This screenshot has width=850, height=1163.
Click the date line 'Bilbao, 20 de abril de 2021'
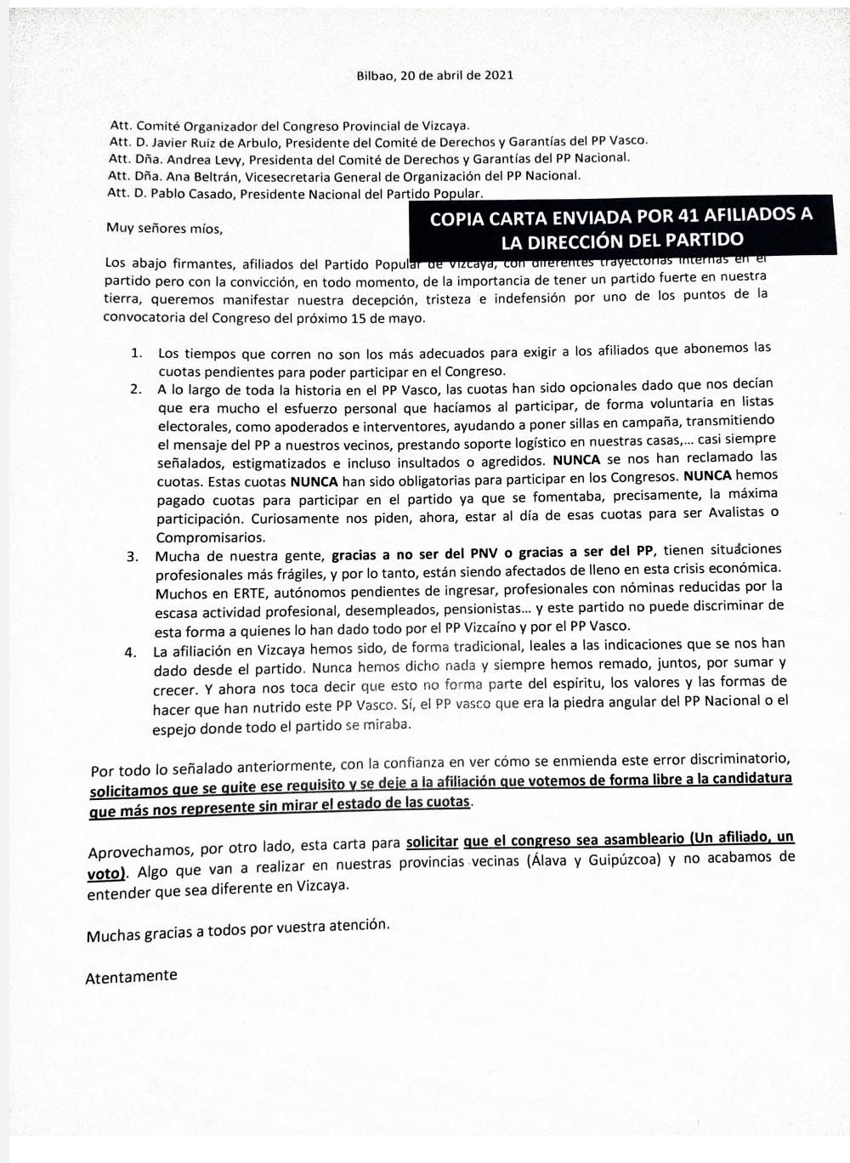point(434,76)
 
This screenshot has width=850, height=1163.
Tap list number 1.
point(137,352)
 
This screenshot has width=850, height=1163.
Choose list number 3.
point(133,557)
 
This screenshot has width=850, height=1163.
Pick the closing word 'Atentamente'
point(131,977)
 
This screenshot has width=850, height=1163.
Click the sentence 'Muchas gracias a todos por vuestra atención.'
point(238,930)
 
